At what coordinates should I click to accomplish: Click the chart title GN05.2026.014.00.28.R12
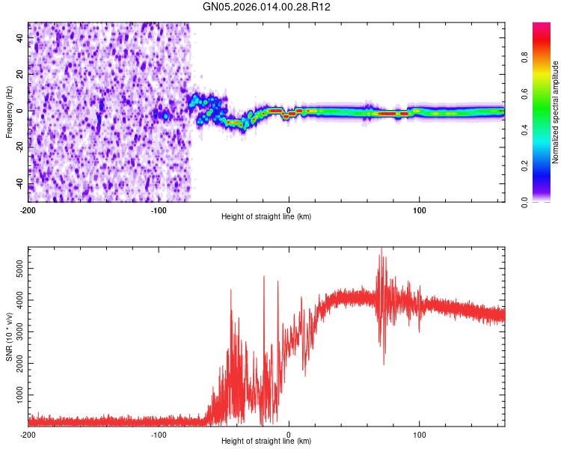(268, 7)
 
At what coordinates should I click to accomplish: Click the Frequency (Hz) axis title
(9, 112)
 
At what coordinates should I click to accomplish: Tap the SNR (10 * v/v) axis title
(9, 336)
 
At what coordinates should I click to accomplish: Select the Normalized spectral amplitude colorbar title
(556, 112)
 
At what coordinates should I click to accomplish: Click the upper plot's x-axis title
(266, 216)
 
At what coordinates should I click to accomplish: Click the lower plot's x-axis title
(266, 441)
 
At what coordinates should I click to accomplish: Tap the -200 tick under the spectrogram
(28, 209)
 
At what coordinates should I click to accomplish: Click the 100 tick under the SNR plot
(420, 433)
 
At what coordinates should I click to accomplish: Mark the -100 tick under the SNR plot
(159, 433)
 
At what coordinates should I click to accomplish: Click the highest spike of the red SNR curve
(381, 249)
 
